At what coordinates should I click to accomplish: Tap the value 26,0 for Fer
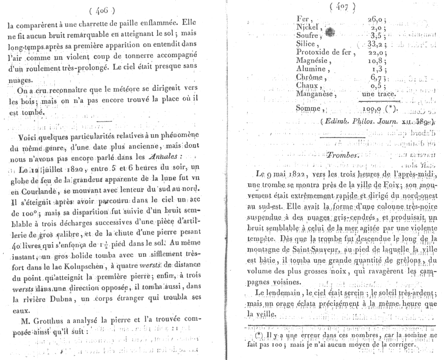[376, 19]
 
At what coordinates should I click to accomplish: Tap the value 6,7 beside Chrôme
[377, 78]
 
